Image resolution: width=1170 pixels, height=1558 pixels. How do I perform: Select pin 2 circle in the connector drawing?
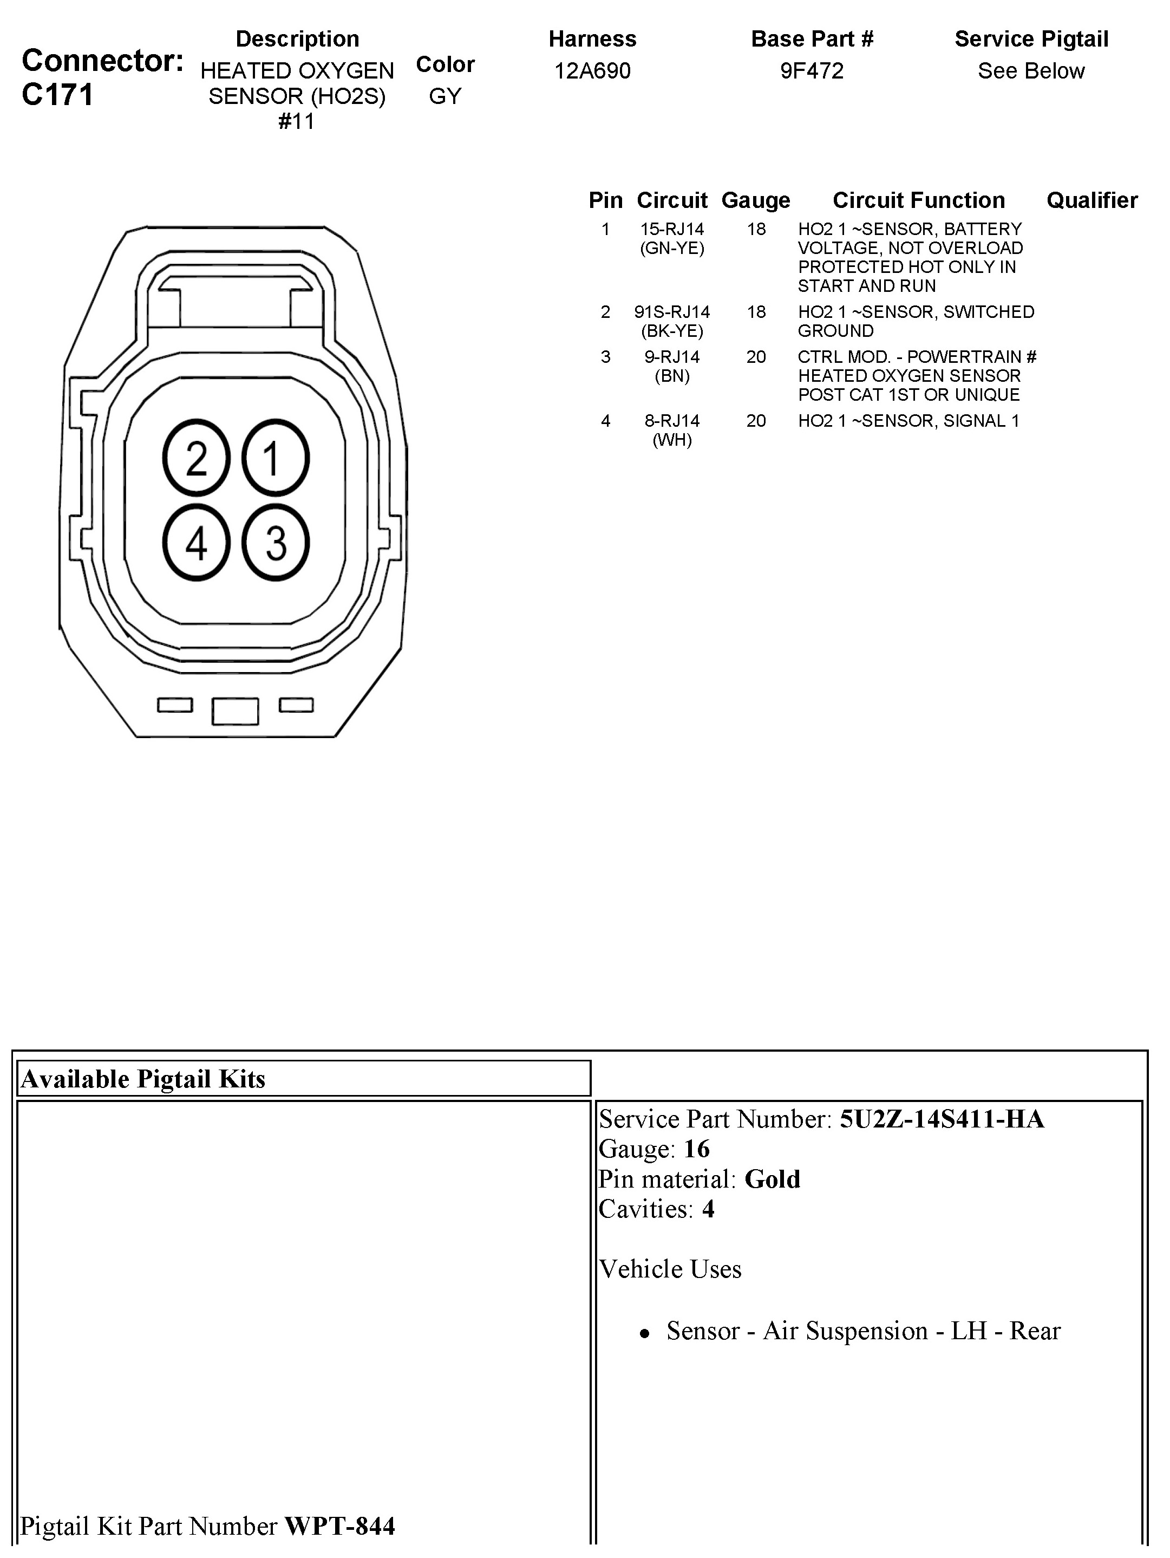[x=197, y=458]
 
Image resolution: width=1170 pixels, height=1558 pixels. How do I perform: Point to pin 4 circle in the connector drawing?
[x=197, y=542]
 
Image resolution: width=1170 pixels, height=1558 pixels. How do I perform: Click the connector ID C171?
[x=58, y=94]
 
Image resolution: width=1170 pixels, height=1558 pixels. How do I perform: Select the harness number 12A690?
[x=592, y=70]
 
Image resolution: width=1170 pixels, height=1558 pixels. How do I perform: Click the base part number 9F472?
[x=812, y=70]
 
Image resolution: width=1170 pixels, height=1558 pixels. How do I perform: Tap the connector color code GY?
[x=445, y=96]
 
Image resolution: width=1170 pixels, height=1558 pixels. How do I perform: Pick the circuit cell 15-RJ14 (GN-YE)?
[x=672, y=238]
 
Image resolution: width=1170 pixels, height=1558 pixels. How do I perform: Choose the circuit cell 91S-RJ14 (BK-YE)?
[x=672, y=321]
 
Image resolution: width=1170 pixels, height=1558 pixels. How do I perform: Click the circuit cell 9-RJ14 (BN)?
[x=672, y=366]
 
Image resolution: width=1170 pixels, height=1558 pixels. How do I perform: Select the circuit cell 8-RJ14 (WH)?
[x=672, y=431]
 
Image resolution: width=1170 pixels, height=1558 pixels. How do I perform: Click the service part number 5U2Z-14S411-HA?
[x=942, y=1119]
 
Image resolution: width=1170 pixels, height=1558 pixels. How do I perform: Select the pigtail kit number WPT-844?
[x=339, y=1526]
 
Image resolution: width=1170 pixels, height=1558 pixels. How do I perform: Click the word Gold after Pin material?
[x=772, y=1179]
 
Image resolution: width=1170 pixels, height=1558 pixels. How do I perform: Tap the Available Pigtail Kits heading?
[x=143, y=1079]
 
